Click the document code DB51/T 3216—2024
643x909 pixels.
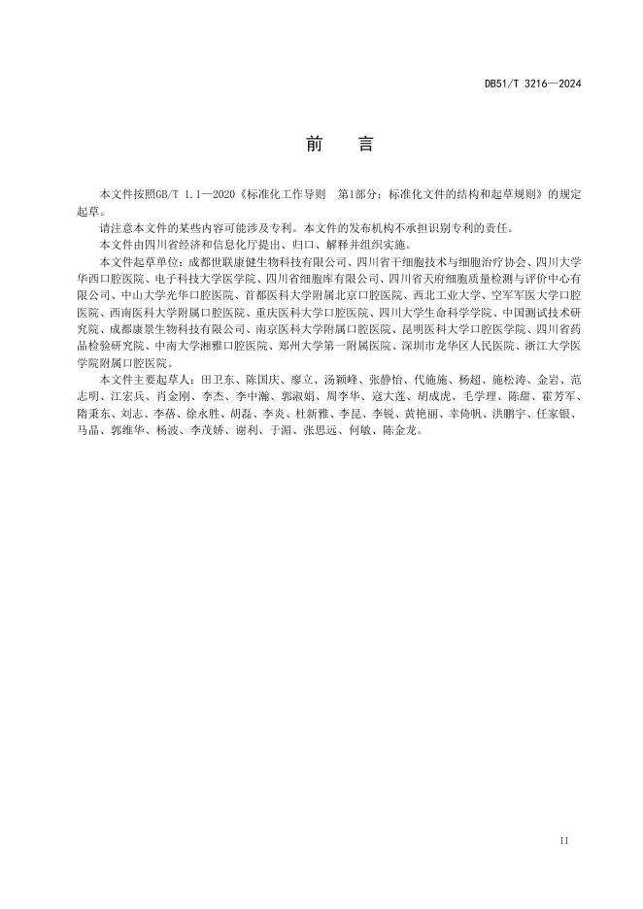pos(532,84)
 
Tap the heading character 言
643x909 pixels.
pos(365,144)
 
